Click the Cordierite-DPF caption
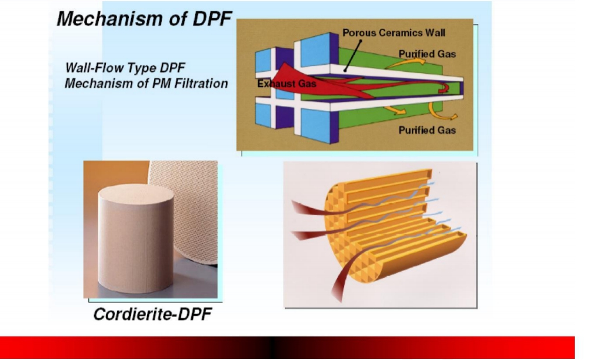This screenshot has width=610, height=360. point(152,314)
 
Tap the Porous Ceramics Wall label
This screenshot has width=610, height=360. point(394,33)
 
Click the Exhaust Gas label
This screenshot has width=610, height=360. point(286,84)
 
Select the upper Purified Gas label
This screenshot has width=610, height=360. point(427,54)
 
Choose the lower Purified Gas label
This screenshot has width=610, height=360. point(427,130)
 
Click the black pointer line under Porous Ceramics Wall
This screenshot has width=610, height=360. point(352,56)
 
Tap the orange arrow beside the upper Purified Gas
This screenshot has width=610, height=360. point(405,62)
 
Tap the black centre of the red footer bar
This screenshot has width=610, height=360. point(272,348)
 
